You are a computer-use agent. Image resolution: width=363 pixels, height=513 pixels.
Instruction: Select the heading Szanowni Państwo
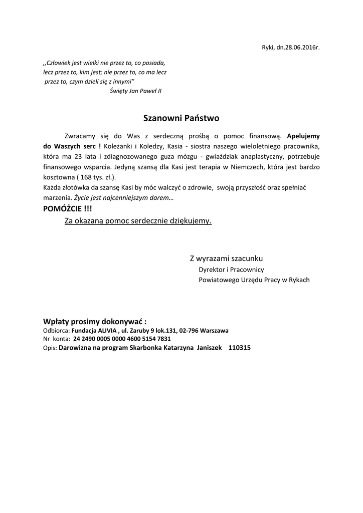[x=181, y=119]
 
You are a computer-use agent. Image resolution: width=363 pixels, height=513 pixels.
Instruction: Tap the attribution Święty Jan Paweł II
[x=135, y=91]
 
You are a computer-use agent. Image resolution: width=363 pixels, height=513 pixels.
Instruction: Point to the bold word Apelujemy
[x=303, y=136]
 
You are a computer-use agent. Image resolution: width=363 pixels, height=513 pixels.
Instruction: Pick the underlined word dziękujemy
[x=191, y=220]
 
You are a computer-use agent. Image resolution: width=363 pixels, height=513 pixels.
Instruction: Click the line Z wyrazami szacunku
[x=226, y=259]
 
